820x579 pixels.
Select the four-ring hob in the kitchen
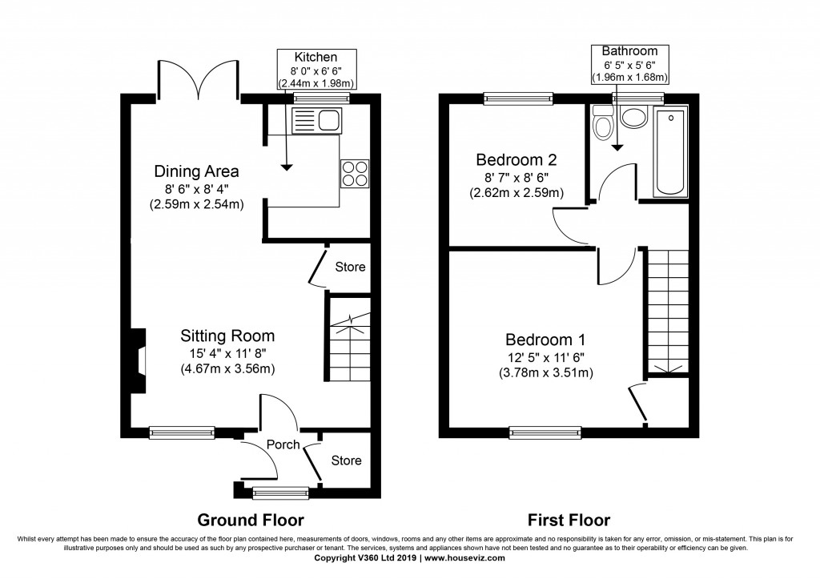(x=356, y=174)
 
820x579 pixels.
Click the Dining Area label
(x=196, y=171)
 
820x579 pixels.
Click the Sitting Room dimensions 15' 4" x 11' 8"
(x=227, y=353)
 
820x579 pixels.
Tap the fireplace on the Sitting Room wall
(x=139, y=361)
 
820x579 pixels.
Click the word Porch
(x=283, y=444)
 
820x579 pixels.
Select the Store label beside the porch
(x=346, y=460)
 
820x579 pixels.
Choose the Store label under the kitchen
(x=350, y=267)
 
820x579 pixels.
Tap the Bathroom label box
(x=629, y=64)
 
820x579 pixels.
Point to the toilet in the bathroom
(x=601, y=124)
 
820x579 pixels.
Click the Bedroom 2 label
(x=516, y=158)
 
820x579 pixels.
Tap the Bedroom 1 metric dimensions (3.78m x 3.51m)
(x=548, y=372)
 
